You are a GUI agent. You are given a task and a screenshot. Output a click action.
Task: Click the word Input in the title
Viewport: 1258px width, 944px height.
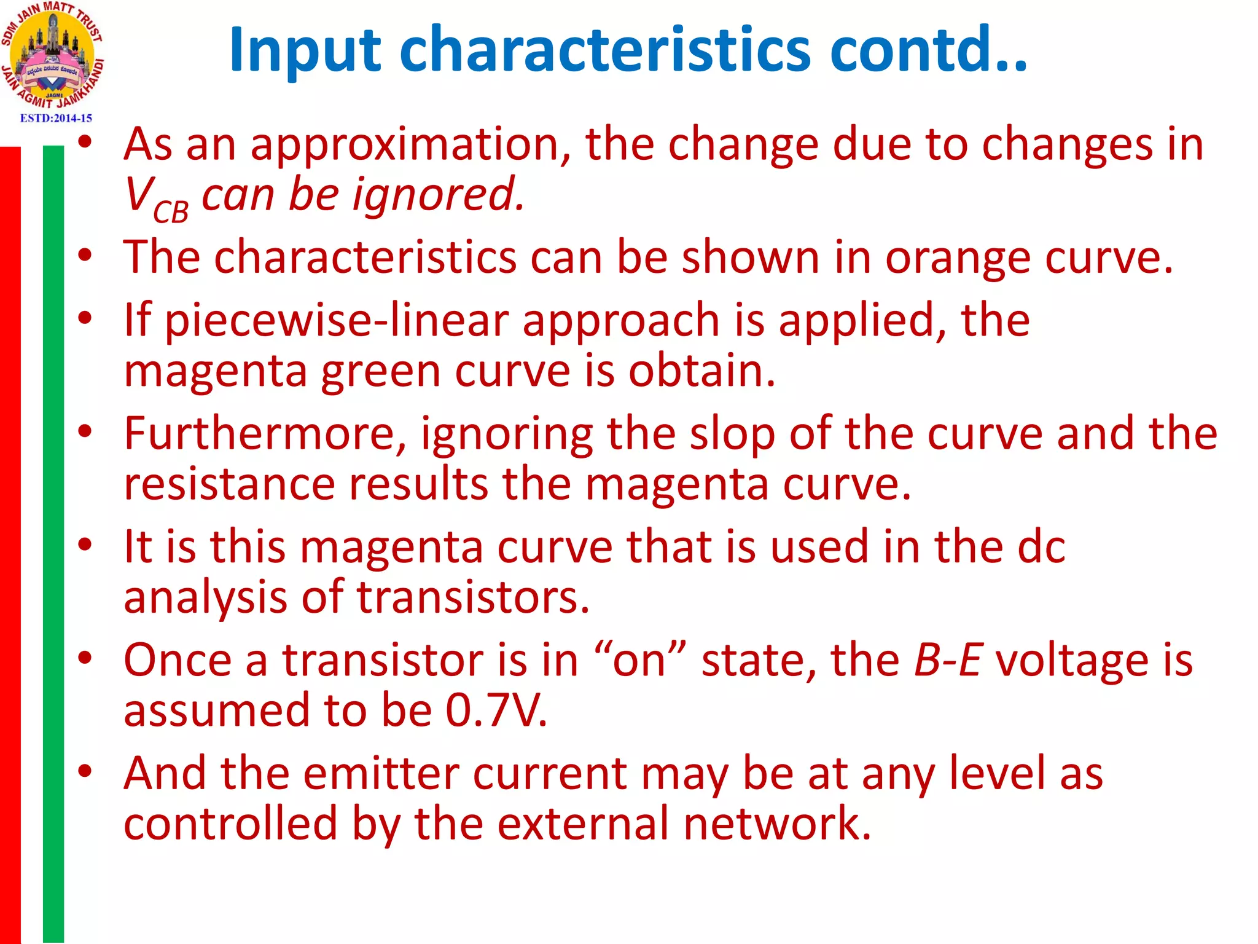click(305, 50)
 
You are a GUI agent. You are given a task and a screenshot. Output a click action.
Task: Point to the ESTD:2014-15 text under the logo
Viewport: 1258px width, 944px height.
click(56, 118)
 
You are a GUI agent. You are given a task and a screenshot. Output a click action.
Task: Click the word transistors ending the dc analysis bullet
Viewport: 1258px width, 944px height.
click(473, 597)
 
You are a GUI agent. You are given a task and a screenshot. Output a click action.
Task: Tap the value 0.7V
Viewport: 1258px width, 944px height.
click(496, 710)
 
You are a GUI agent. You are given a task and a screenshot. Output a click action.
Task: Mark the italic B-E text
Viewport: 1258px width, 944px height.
click(947, 660)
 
